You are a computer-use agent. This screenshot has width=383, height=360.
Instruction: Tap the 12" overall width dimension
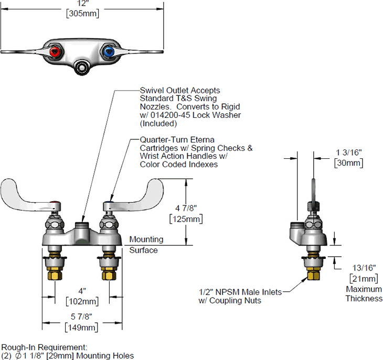[x=82, y=3]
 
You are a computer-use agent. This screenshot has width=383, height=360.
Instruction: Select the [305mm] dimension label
[x=82, y=14]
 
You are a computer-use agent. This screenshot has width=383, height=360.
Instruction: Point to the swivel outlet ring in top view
[x=82, y=67]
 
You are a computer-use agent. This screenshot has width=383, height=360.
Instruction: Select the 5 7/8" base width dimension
[x=82, y=317]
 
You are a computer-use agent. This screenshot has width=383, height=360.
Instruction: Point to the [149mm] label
[x=82, y=328]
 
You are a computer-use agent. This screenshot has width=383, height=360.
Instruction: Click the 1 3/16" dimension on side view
[x=348, y=152]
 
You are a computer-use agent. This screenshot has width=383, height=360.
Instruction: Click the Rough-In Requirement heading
[x=45, y=347]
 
